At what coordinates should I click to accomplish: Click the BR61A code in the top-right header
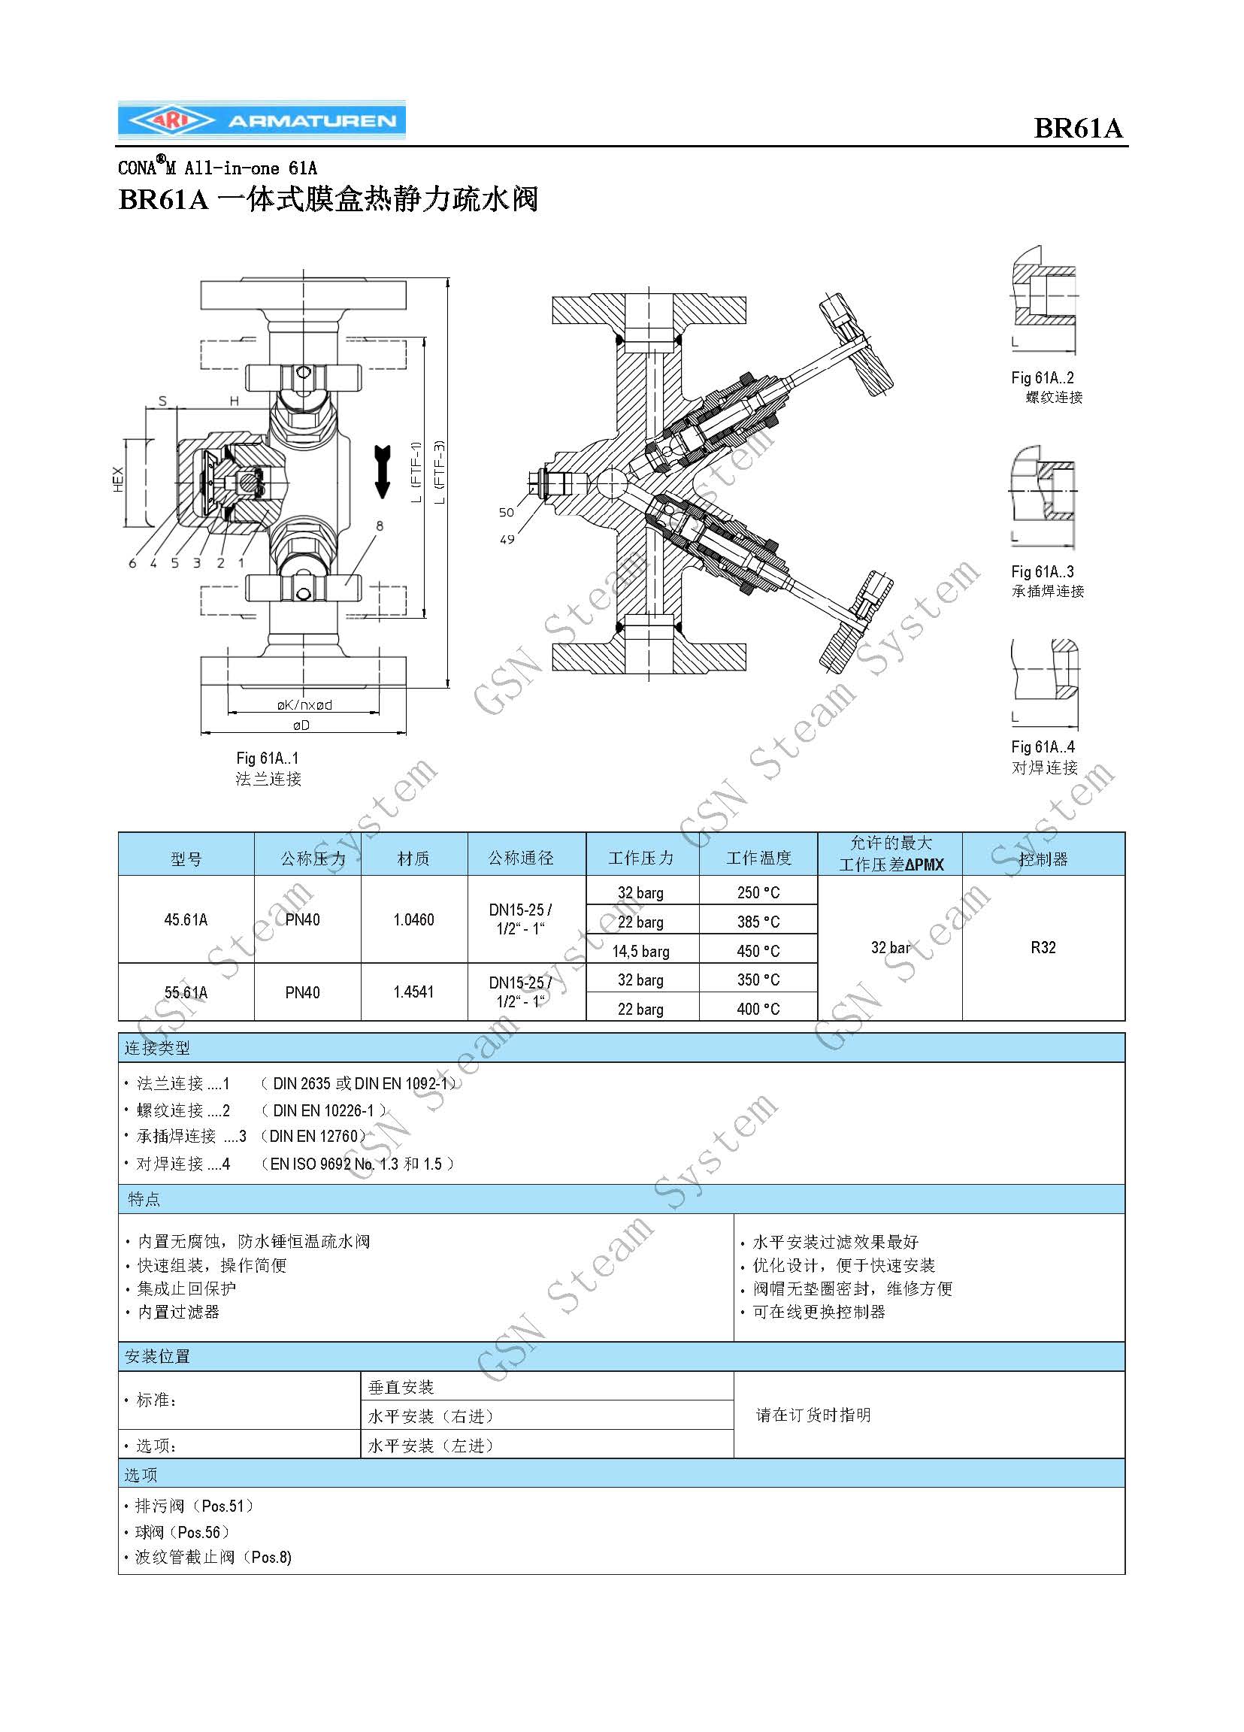1079,128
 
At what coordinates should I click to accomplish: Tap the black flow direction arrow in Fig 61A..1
383,471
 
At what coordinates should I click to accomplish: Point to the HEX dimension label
118,480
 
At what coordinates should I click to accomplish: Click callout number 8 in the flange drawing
380,525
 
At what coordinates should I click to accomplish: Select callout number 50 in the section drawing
507,513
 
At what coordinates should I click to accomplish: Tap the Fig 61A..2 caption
1043,377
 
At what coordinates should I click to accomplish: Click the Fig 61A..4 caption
1043,747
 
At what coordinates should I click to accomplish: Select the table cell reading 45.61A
186,919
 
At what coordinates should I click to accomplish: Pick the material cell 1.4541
413,992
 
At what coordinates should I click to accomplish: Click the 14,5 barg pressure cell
640,952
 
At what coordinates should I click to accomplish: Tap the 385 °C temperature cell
758,922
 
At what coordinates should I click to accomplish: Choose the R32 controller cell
1043,948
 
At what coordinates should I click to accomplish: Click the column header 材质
413,859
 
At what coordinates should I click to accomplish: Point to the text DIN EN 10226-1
324,1110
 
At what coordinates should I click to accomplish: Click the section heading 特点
144,1199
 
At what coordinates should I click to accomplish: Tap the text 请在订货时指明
813,1415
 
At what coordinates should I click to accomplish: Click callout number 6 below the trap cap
132,563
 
